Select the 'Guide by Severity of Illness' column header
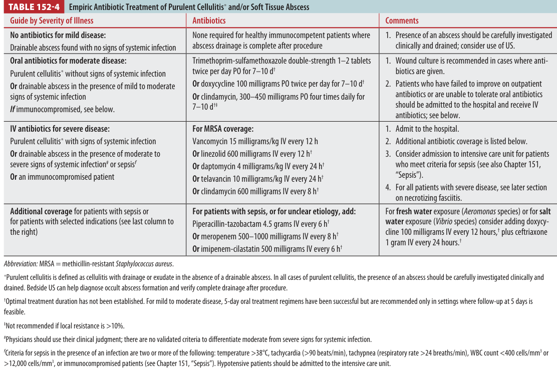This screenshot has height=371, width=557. click(52, 21)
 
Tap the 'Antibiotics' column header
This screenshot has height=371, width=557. click(209, 21)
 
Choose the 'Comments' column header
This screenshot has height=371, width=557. click(402, 21)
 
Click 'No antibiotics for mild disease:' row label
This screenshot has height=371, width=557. click(58, 35)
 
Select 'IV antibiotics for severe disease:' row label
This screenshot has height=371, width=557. click(60, 129)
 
